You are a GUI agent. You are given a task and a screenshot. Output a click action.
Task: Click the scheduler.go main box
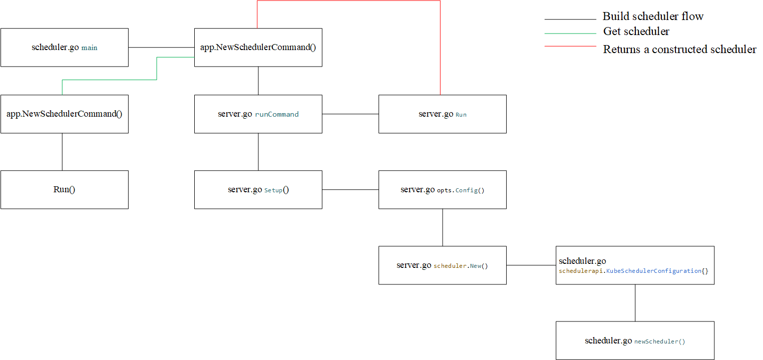coord(64,48)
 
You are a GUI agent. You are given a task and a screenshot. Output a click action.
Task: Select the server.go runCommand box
coord(258,114)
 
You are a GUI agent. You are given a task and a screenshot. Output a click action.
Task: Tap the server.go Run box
coord(442,114)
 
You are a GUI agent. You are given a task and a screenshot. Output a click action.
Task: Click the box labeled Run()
coord(64,190)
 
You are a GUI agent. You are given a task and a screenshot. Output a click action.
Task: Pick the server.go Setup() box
coord(258,190)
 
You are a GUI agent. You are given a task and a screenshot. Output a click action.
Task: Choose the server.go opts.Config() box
coord(442,190)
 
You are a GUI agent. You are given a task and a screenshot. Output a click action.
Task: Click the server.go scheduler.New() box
coord(442,265)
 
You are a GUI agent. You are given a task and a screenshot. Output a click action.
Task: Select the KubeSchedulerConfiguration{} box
coord(635,265)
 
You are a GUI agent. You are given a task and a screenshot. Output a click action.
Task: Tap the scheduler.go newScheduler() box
coord(635,341)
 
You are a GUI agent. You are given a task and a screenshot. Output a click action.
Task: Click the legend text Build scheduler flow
coord(653,17)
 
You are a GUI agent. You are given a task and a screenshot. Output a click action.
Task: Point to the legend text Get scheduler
coord(636,32)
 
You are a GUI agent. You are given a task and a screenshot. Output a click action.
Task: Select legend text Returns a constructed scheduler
coord(679,49)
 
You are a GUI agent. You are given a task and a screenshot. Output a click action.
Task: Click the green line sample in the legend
coord(570,34)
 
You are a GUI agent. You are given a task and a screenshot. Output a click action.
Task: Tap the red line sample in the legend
coord(570,46)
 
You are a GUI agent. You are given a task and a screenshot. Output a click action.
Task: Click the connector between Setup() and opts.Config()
coord(350,190)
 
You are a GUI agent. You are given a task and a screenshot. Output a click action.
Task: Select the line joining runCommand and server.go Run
coord(350,114)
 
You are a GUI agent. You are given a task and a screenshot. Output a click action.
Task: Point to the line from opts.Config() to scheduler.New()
coord(443,227)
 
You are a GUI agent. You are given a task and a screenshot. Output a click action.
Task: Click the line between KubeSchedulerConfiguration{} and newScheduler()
coord(635,303)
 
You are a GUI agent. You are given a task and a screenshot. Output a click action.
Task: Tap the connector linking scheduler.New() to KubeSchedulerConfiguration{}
coord(531,265)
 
